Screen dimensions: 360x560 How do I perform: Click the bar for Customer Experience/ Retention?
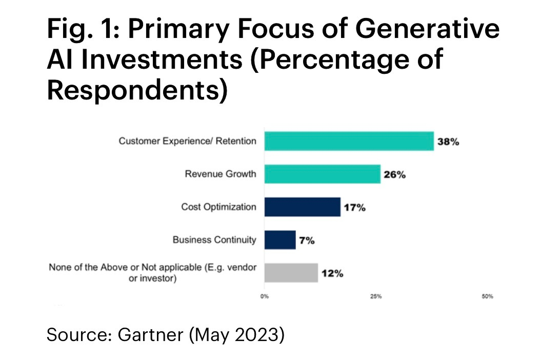click(349, 141)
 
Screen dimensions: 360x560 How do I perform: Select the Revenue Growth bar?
click(322, 174)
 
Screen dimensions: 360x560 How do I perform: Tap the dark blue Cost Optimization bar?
click(302, 207)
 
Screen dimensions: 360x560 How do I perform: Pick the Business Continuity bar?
click(280, 240)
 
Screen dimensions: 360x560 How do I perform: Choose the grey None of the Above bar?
click(291, 273)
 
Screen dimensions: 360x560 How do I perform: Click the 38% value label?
click(448, 142)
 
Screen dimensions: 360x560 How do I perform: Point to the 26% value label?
click(394, 175)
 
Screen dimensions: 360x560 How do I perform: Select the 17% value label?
click(354, 208)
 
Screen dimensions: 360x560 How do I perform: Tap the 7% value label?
click(307, 241)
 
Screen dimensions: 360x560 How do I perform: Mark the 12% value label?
click(332, 273)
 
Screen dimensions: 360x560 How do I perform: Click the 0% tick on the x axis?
click(265, 296)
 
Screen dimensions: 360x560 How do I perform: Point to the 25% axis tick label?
click(376, 296)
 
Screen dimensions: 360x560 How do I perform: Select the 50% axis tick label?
click(487, 296)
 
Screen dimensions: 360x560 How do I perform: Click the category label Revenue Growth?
click(220, 174)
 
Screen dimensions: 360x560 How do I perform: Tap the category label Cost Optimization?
click(218, 207)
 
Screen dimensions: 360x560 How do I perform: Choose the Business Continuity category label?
click(214, 239)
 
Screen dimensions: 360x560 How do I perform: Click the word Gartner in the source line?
click(150, 335)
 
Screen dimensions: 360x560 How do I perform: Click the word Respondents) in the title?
click(137, 89)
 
